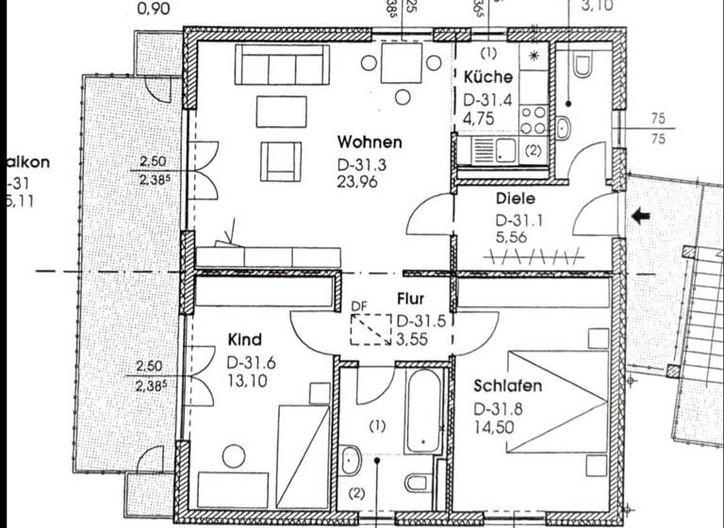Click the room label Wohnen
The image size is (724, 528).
tap(370, 143)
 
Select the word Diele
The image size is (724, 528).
tap(515, 199)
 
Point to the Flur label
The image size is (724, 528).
tap(411, 299)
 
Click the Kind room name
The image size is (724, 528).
tap(244, 339)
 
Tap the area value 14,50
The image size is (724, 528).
tap(496, 430)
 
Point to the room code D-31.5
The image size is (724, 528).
tap(420, 320)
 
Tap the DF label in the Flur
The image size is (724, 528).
tap(358, 305)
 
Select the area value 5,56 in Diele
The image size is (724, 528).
tap(515, 239)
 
